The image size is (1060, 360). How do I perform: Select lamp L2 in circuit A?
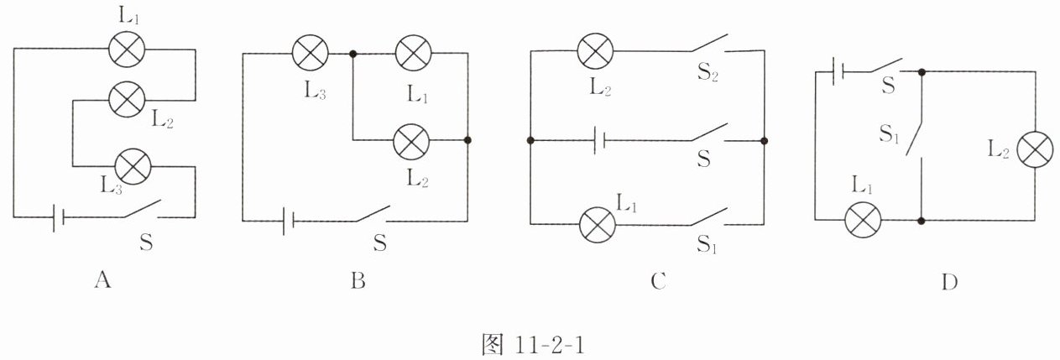point(127,101)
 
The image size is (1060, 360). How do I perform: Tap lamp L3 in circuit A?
point(133,165)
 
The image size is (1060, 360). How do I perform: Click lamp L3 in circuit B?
point(310,55)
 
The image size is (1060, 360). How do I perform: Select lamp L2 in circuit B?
point(411,139)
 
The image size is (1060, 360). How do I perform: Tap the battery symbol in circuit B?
point(287,222)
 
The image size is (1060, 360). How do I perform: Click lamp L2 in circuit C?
point(596,51)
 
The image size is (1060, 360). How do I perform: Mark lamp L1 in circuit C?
point(598,224)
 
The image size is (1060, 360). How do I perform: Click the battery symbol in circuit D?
point(833,72)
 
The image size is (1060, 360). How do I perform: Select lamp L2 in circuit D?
point(1034,149)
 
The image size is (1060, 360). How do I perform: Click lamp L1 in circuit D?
point(860,221)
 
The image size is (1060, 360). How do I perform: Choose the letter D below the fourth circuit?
point(949,283)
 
